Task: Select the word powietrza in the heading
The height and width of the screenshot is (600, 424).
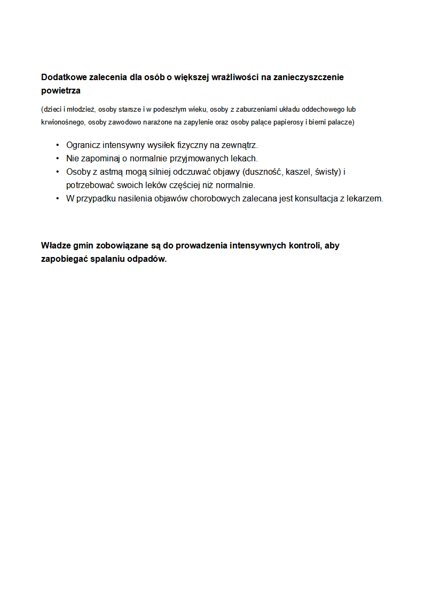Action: [60, 91]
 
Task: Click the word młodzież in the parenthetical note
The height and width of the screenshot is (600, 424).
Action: [81, 110]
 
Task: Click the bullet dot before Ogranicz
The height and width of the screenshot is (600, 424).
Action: [57, 145]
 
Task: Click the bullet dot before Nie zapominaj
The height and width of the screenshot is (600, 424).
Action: [57, 159]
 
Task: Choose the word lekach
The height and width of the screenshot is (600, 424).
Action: [244, 159]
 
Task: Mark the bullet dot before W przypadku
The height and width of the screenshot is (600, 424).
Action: [57, 199]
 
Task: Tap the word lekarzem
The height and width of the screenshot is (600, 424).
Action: [365, 199]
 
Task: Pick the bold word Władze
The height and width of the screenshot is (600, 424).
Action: [56, 246]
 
